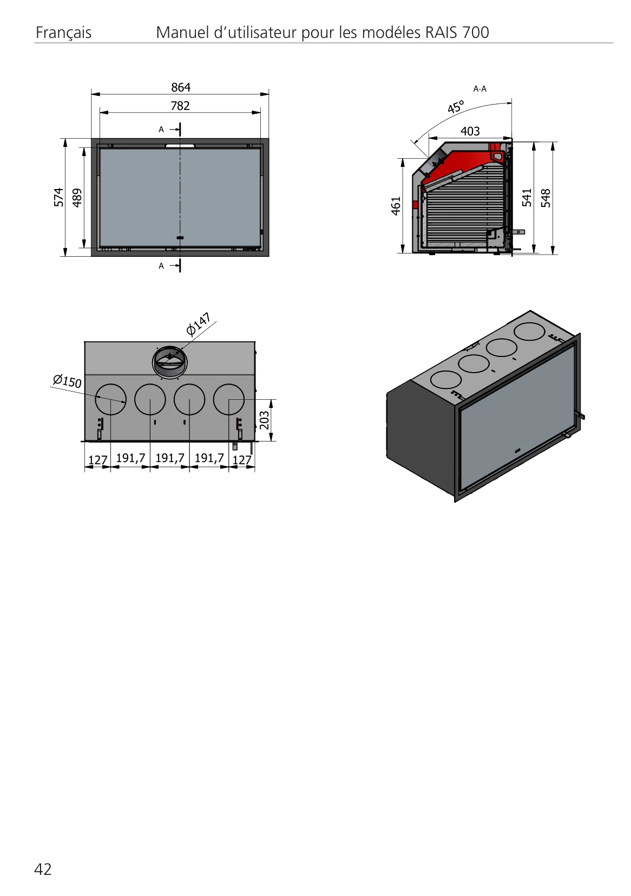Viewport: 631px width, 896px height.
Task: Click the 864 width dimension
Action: coord(181,87)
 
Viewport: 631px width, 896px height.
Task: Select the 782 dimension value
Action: coord(180,106)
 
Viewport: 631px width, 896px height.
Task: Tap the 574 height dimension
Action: coord(59,197)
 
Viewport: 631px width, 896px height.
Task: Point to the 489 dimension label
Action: coord(77,198)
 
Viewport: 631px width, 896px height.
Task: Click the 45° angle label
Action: coord(456,107)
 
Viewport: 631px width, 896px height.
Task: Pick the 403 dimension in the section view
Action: coord(470,131)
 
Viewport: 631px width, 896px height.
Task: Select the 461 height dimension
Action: coord(396,206)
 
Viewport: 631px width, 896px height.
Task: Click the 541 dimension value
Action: coord(527,197)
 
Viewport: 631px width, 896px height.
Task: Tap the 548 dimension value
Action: coord(545,198)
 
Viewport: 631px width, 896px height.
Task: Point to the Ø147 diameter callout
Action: coord(198,324)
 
